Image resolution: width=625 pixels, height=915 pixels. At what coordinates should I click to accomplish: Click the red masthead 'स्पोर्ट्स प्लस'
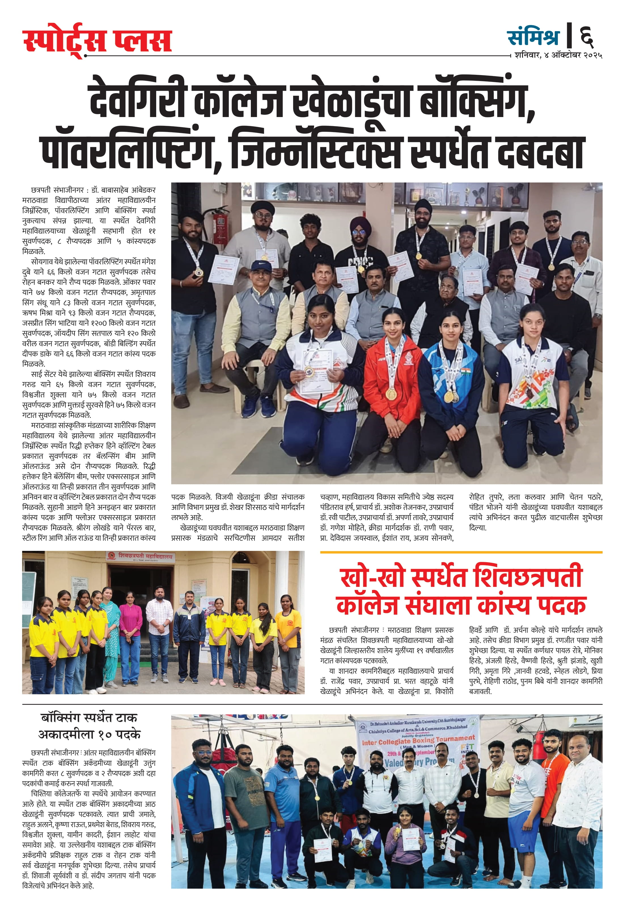point(97,40)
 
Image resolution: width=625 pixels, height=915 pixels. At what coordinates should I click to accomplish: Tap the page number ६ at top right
point(587,37)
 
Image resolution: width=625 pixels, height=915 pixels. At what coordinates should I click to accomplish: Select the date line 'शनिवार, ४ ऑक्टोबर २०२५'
point(558,56)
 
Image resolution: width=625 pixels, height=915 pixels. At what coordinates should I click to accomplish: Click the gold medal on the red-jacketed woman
point(391,392)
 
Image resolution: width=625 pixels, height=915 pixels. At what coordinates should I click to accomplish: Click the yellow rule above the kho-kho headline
point(461,552)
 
